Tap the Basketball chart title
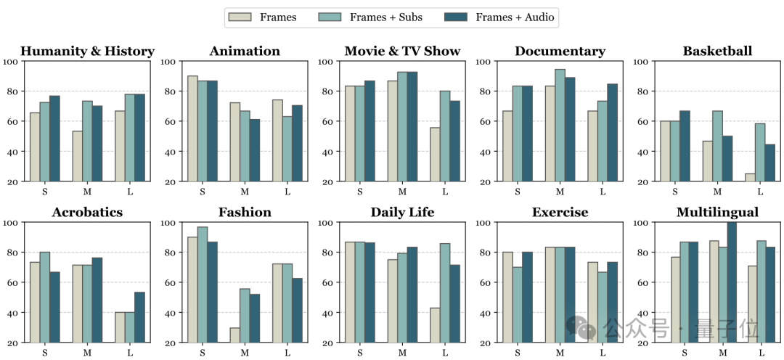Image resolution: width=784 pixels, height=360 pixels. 717,52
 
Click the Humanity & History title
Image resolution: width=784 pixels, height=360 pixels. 87,52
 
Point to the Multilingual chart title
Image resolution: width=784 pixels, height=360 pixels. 717,213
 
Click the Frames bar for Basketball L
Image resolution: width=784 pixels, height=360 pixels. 750,178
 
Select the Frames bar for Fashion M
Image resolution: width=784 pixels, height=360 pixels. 234,335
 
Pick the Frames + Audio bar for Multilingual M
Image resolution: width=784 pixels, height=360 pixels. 731,282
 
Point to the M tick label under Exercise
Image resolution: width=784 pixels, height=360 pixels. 560,353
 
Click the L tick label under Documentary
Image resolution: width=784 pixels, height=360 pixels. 603,192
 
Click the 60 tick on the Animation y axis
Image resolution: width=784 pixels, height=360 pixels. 168,122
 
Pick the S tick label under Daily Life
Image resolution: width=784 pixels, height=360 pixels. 359,353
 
